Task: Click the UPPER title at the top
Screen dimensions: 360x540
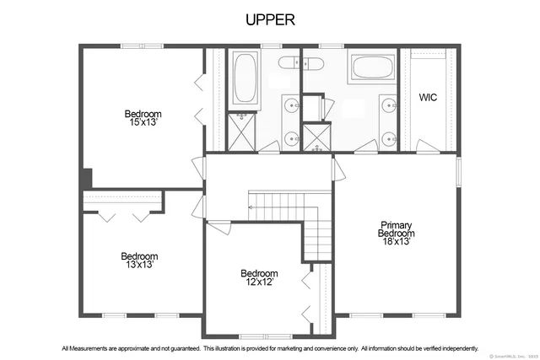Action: tap(269, 19)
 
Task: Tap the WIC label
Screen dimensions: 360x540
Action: tap(428, 98)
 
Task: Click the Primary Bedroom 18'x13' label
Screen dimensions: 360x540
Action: tap(395, 234)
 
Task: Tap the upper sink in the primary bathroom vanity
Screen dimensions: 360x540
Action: tap(389, 105)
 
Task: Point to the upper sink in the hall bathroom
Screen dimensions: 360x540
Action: tap(291, 105)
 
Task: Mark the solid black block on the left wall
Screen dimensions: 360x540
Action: tap(86, 180)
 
